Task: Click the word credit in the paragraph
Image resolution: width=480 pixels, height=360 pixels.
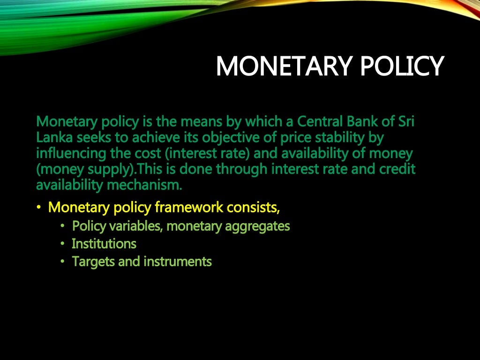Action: point(396,169)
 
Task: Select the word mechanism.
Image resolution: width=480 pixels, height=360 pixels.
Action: point(144,185)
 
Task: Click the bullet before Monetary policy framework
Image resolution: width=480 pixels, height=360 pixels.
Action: point(39,207)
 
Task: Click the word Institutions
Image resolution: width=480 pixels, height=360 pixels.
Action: point(104,244)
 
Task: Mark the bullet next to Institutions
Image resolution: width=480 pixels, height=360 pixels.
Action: point(62,244)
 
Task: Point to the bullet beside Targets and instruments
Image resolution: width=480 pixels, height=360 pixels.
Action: point(62,262)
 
